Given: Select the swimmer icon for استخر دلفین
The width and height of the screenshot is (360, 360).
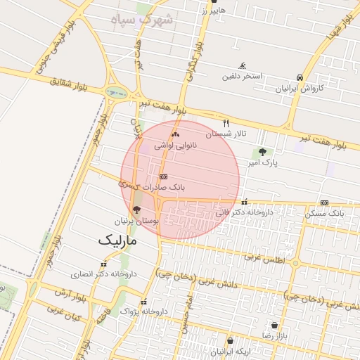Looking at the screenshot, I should tap(243, 66).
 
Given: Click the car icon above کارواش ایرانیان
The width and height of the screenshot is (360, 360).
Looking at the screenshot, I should tap(300, 77).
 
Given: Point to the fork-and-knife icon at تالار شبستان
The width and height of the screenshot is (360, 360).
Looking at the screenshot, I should tap(226, 122).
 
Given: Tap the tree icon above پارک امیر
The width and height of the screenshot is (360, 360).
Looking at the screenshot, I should tap(263, 152).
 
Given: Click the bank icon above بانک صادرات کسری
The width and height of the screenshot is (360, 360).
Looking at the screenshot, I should tap(164, 177).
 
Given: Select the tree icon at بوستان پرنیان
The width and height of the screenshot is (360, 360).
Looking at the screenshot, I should tap(136, 210).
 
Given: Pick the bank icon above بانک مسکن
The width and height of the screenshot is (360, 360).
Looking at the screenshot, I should tap(324, 202).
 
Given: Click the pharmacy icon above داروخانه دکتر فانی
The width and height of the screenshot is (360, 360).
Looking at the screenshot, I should tap(244, 202).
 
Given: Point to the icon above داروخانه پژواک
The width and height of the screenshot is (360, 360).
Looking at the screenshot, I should tap(145, 302).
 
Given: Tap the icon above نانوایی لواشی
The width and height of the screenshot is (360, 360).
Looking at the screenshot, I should tap(175, 134).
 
